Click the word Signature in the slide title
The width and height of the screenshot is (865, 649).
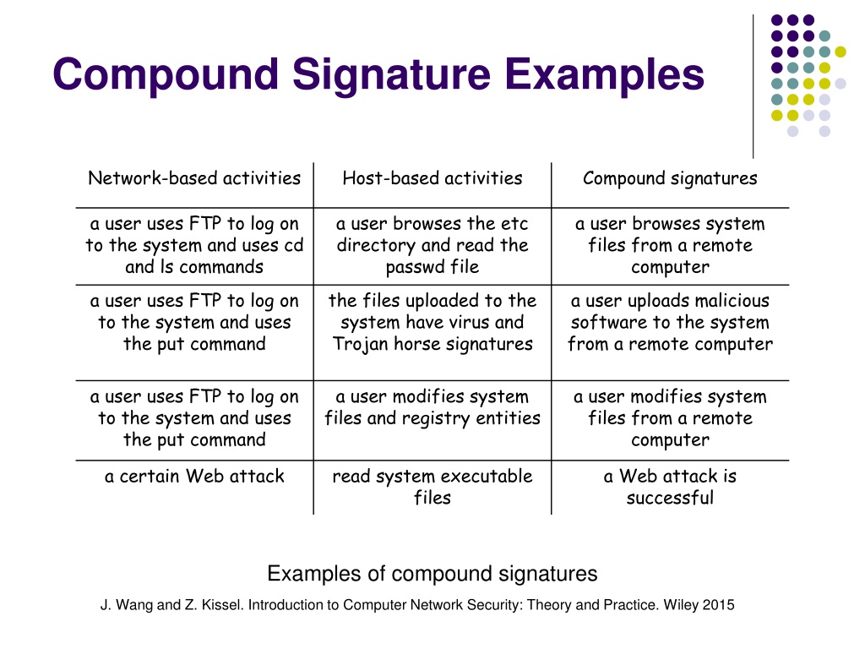[391, 75]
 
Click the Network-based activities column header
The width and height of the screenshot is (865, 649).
[194, 178]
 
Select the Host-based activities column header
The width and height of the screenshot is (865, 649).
[432, 178]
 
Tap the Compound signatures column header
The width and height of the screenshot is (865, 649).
[670, 179]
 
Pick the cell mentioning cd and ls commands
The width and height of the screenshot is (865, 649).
[194, 245]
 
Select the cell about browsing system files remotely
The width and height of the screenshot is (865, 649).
[670, 245]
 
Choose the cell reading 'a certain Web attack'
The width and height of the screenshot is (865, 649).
[194, 477]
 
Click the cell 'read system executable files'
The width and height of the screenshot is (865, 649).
[432, 487]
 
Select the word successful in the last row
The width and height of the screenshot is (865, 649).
[670, 498]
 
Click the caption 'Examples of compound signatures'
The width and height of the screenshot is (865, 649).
[432, 574]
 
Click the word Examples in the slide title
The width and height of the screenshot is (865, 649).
[605, 74]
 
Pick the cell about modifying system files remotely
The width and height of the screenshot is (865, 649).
[670, 418]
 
